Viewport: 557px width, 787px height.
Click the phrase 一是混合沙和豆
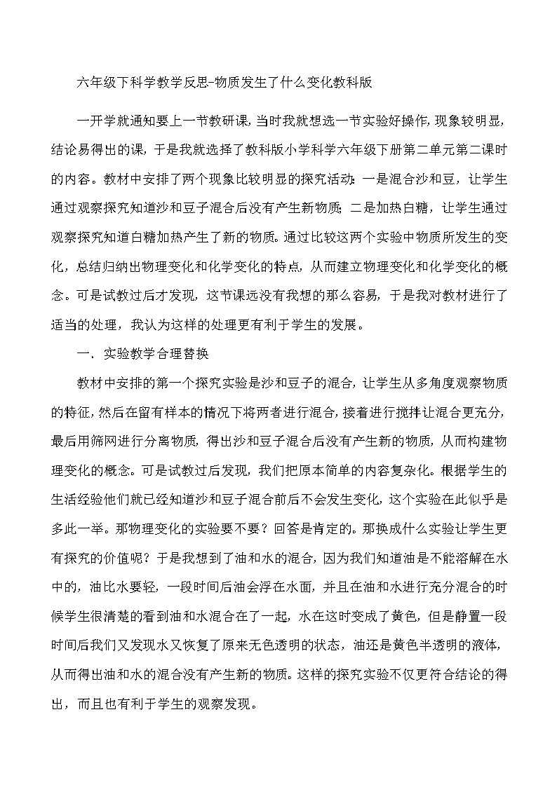403,179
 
